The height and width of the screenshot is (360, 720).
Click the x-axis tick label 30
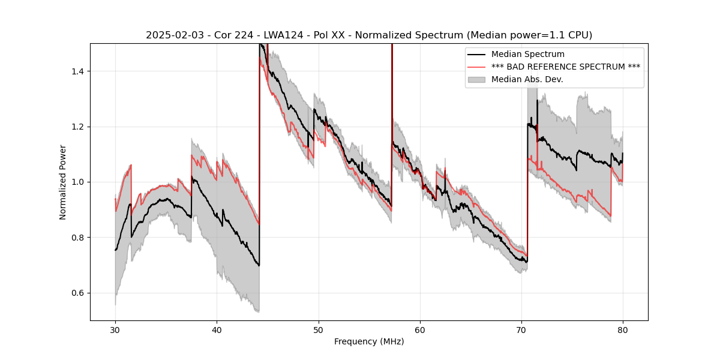click(x=115, y=329)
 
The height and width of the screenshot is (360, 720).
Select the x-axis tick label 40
click(x=217, y=329)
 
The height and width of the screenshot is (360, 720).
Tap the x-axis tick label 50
click(x=319, y=329)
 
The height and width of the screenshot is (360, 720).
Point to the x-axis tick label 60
click(x=420, y=329)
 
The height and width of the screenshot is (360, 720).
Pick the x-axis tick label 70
click(x=521, y=329)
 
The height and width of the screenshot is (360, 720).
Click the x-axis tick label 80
click(x=623, y=329)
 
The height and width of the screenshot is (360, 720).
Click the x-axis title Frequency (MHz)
click(x=369, y=341)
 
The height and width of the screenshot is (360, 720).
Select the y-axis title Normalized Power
click(x=63, y=182)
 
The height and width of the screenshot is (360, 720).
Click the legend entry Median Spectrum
click(x=527, y=55)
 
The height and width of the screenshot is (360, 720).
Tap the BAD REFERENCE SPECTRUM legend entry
click(x=566, y=67)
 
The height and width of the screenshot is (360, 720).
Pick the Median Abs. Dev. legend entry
click(x=527, y=79)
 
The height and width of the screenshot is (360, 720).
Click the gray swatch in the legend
click(x=477, y=79)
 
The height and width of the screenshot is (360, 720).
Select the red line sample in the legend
click(x=477, y=67)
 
